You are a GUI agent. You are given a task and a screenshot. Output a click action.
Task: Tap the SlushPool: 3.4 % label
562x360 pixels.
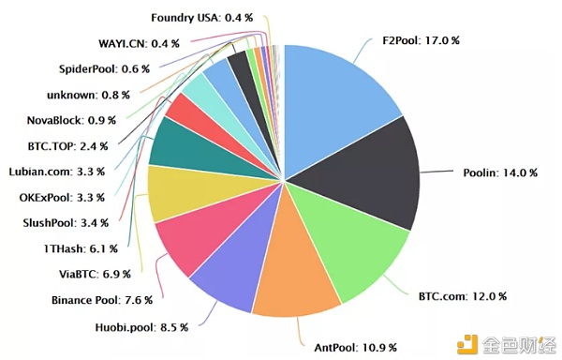coord(65,223)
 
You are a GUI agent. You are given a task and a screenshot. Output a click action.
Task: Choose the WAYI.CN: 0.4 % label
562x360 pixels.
coord(138,43)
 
